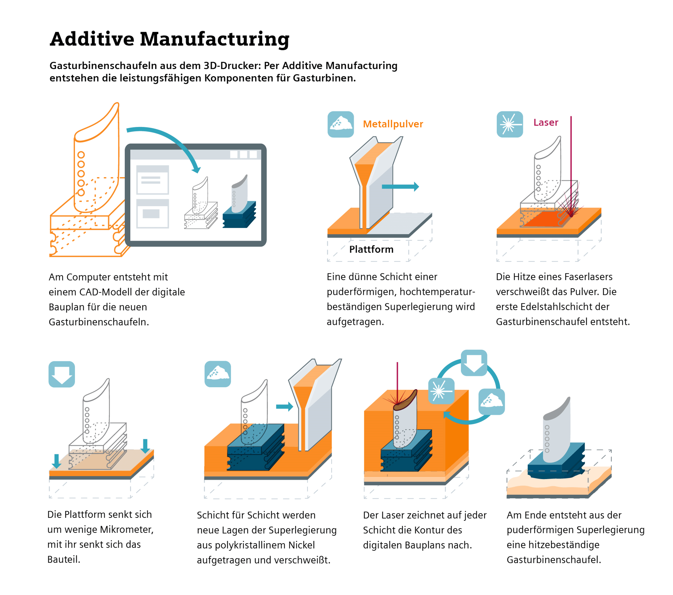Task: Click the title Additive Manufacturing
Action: [169, 39]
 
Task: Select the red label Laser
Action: [546, 122]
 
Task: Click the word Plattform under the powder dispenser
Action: [371, 249]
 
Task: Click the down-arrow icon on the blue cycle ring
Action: [474, 363]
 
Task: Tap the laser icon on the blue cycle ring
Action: [441, 391]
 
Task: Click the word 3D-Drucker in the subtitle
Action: [232, 66]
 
